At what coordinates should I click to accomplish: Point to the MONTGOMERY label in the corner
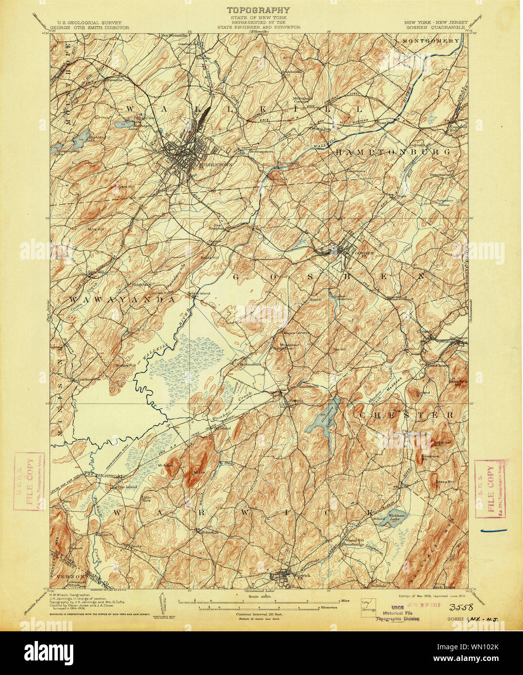coord(430,41)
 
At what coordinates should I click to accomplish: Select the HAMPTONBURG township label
coord(392,152)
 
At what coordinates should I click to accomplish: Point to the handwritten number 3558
coord(463,607)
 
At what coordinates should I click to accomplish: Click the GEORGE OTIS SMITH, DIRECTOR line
coord(93,28)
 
